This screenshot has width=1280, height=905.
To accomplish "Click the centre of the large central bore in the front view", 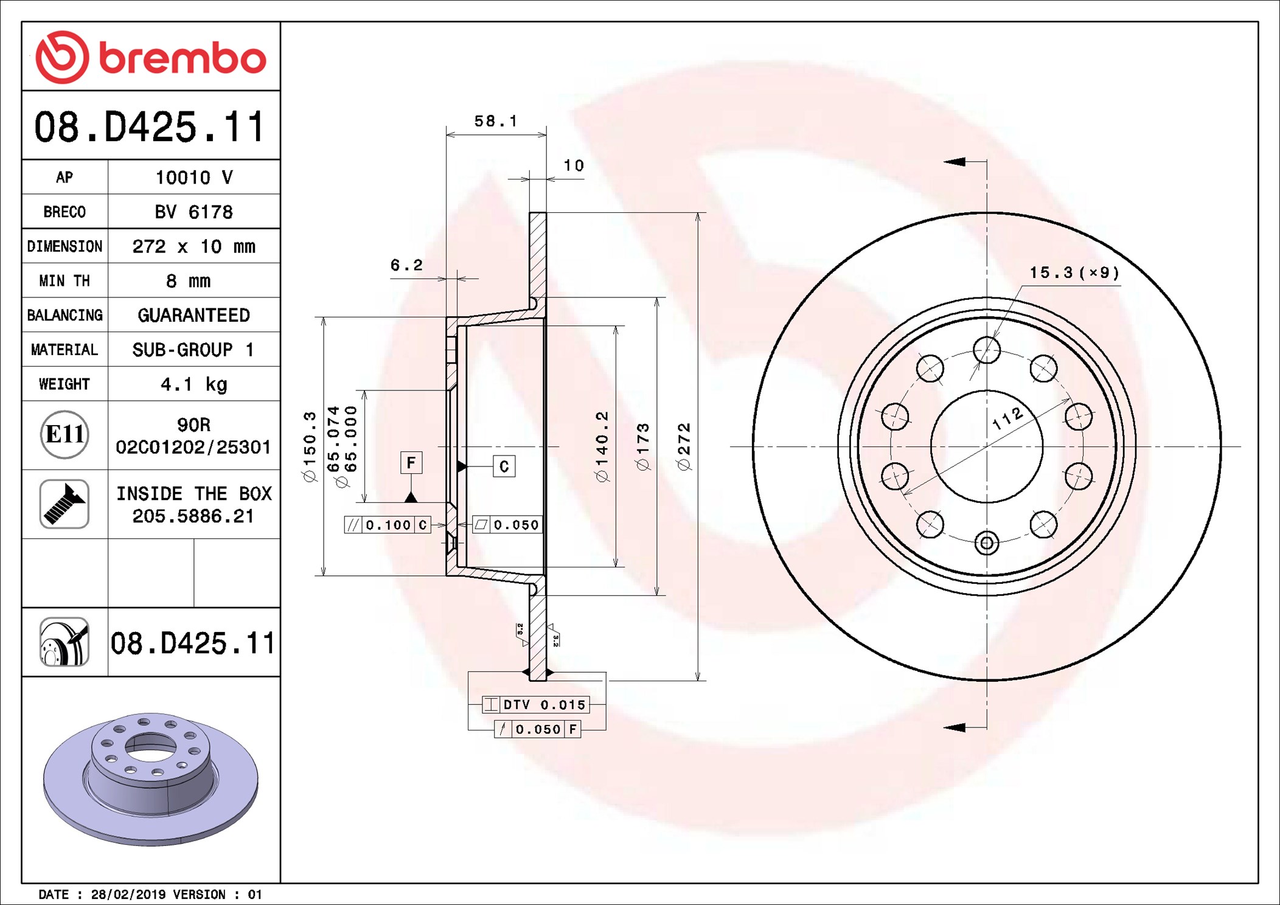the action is [x=987, y=446].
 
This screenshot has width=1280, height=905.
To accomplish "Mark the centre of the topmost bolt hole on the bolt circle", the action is [x=987, y=350].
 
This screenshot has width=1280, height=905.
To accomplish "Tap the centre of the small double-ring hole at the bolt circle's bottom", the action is [x=987, y=543].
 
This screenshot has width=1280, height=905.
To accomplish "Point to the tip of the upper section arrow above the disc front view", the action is [x=944, y=162].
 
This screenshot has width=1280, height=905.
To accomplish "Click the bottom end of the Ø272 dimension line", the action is [x=698, y=681].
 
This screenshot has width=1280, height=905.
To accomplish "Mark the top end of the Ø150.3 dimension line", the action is [x=324, y=317].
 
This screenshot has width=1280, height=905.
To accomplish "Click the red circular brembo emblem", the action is [x=63, y=58].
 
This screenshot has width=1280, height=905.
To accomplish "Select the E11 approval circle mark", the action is [x=64, y=434].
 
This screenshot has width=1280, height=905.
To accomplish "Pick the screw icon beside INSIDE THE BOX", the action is [x=64, y=504].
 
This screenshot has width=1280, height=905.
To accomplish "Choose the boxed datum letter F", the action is [x=411, y=463].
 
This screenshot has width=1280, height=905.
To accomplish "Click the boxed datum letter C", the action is [x=504, y=466].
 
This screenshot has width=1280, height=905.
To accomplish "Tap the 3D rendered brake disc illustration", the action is [x=151, y=779].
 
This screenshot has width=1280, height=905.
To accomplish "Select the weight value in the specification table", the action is [x=194, y=384].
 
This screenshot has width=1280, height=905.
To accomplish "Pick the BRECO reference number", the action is [x=194, y=212].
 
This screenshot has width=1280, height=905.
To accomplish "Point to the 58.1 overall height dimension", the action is [x=496, y=121].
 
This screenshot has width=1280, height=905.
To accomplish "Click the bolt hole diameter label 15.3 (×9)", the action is [x=1074, y=272].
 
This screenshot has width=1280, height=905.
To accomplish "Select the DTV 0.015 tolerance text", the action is [x=544, y=704].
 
